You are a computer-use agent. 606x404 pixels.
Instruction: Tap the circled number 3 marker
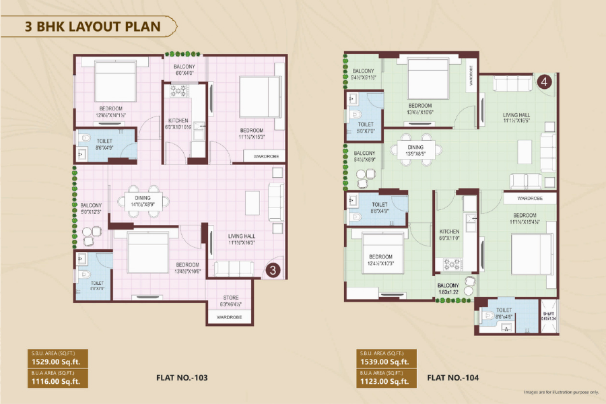(271, 271)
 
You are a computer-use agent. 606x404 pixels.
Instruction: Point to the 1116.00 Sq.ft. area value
(55, 382)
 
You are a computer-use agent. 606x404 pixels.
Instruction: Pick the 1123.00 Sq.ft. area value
(384, 382)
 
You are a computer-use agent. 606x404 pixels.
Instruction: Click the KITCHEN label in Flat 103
(178, 121)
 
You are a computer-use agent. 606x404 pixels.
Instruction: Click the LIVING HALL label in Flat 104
(516, 115)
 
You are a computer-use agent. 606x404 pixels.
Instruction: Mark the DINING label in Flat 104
(415, 147)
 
